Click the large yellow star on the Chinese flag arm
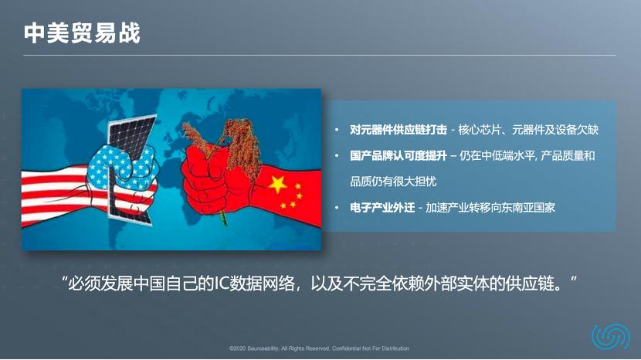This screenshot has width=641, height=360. (x=276, y=183)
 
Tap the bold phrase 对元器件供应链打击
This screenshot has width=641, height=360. (x=399, y=129)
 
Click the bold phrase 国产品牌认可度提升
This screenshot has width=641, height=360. (x=399, y=156)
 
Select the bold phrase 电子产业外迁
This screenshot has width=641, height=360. (x=382, y=208)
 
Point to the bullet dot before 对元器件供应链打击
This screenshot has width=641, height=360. (x=337, y=130)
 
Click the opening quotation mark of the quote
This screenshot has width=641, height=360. (x=65, y=280)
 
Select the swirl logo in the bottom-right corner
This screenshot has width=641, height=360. (x=610, y=337)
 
